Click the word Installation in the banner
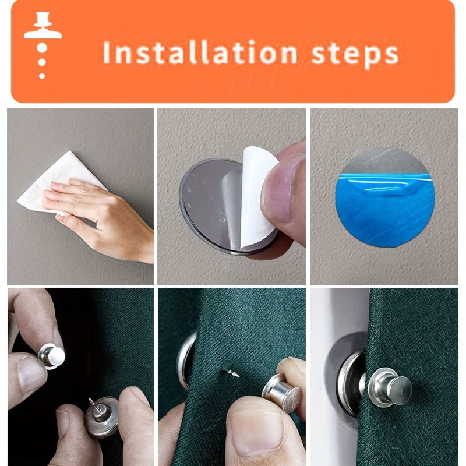coord(200,53)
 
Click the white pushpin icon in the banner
coord(43,25)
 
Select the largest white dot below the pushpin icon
coord(42,48)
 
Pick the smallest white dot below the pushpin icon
coord(42,76)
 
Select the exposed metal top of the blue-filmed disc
coord(386,161)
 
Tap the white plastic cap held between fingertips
coord(55,356)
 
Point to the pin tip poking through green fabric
coord(231,372)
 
